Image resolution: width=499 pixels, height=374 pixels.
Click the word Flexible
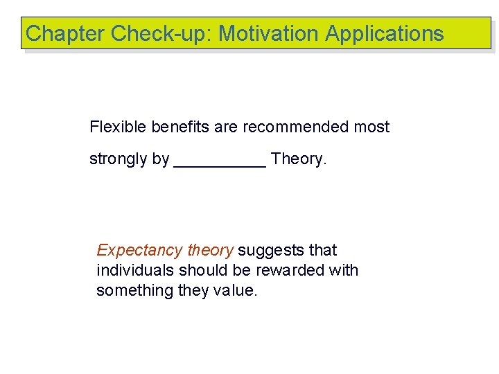pyautogui.click(x=115, y=127)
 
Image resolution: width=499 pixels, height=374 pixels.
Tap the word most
pyautogui.click(x=371, y=127)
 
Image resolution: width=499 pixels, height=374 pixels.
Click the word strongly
pyautogui.click(x=119, y=159)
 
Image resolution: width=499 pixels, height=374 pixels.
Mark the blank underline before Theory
pyautogui.click(x=220, y=163)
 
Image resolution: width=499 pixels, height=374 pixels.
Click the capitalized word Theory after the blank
pyautogui.click(x=298, y=159)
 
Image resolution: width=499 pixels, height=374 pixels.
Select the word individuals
pyautogui.click(x=132, y=270)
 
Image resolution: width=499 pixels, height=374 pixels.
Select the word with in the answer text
pyautogui.click(x=343, y=270)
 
